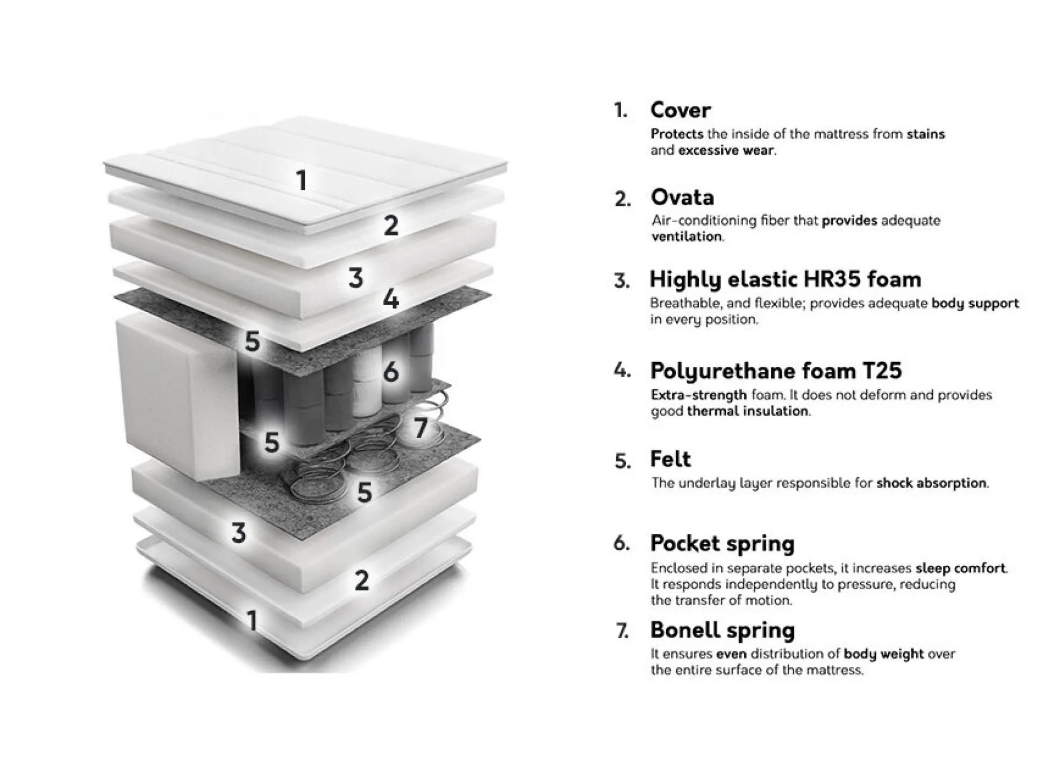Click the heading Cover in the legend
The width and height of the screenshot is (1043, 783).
click(x=680, y=110)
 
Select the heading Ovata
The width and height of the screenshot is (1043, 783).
click(x=682, y=197)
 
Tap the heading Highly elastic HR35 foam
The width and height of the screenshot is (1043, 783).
click(x=785, y=279)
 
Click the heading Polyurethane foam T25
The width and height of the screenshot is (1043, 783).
click(x=776, y=371)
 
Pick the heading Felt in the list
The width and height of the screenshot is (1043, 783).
click(x=670, y=459)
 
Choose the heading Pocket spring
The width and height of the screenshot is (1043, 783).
click(x=722, y=544)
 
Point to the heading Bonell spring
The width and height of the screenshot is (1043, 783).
click(x=722, y=630)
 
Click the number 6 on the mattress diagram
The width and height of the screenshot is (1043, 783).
click(x=391, y=371)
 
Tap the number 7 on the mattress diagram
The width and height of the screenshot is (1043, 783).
click(x=421, y=428)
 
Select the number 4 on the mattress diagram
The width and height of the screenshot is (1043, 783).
click(x=391, y=299)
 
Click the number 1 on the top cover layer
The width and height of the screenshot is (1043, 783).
click(x=302, y=180)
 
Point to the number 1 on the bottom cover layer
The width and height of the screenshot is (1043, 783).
click(x=252, y=620)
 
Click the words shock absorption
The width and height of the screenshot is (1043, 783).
click(x=932, y=483)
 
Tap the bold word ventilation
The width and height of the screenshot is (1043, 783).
click(x=687, y=236)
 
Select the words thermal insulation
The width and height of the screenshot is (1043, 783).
click(x=748, y=411)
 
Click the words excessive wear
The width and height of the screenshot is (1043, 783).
click(x=726, y=150)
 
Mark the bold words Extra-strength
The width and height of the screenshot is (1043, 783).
click(x=698, y=395)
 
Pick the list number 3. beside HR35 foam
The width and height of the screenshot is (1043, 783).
click(x=622, y=281)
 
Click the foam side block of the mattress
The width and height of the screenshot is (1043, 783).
click(x=177, y=398)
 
